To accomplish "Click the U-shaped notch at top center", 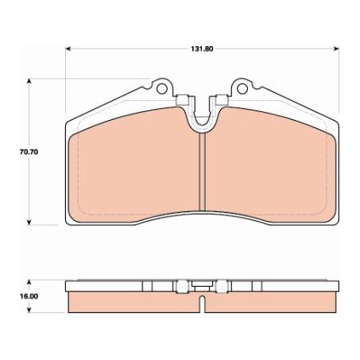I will click(x=202, y=114).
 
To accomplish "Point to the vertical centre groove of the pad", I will click(x=203, y=171).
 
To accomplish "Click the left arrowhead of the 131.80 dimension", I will click(x=68, y=48).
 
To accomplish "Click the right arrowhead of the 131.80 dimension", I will click(x=338, y=48).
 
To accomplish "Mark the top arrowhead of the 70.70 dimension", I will click(x=30, y=80).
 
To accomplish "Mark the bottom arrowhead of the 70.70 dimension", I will click(x=30, y=222).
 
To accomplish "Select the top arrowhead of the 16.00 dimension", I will click(x=30, y=281).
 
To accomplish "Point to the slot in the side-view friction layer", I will click(x=203, y=304).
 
